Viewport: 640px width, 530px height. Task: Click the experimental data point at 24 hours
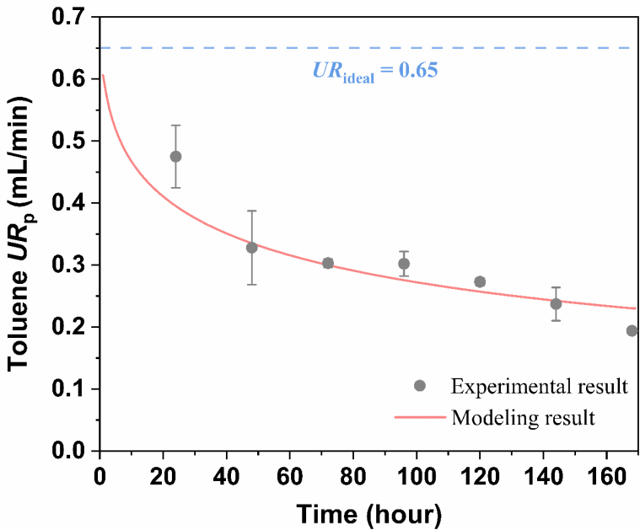tap(175, 157)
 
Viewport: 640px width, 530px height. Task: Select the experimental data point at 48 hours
tap(251, 248)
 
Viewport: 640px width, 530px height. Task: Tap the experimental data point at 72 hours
tap(328, 263)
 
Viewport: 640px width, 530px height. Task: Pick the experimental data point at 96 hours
tap(404, 264)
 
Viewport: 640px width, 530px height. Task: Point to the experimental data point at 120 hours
tap(480, 281)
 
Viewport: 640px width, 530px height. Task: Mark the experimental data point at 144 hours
tap(556, 304)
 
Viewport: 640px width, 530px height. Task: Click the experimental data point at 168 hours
tap(632, 330)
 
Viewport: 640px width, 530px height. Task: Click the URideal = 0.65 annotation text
tap(375, 70)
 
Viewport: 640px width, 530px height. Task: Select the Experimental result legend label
tap(540, 387)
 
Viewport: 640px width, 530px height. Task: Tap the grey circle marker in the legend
tap(420, 386)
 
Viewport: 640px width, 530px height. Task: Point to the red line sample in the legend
tap(420, 417)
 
